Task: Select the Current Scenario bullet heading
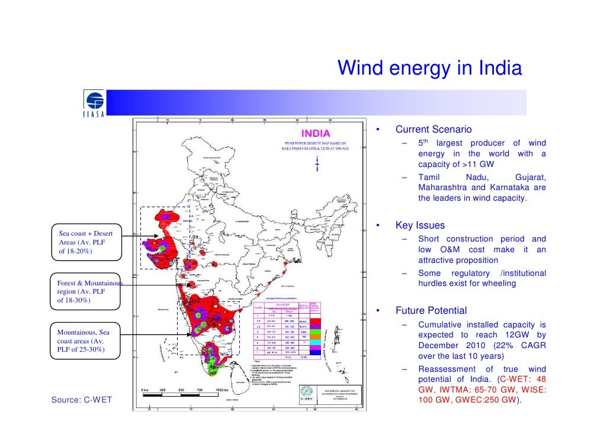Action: [x=434, y=129]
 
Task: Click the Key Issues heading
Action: [x=420, y=226]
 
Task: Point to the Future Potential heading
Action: [x=431, y=311]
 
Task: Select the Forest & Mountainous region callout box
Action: [x=88, y=291]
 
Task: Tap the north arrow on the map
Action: [x=318, y=160]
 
